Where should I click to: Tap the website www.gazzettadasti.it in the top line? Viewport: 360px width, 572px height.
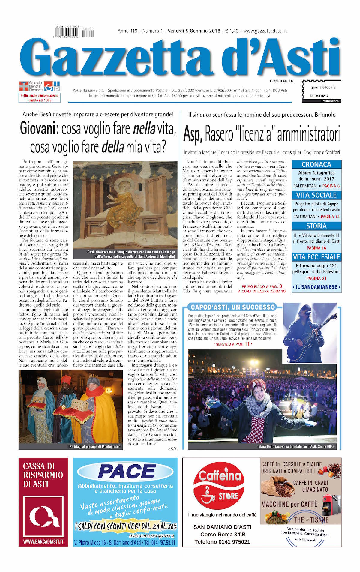pyautogui.click(x=265, y=31)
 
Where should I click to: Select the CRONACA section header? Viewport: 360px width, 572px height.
pyautogui.click(x=316, y=164)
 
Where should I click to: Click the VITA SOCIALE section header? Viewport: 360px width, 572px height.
pyautogui.click(x=316, y=195)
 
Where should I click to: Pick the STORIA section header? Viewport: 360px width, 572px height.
pyautogui.click(x=316, y=226)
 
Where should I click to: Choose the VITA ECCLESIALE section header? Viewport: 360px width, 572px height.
pyautogui.click(x=316, y=257)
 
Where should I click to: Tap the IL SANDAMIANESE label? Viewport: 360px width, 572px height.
pyautogui.click(x=316, y=287)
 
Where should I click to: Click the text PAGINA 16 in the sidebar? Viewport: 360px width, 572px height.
pyautogui.click(x=316, y=248)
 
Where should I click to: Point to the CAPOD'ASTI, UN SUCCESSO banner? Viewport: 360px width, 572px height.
pyautogui.click(x=233, y=307)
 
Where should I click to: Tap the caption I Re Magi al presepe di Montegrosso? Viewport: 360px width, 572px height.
pyautogui.click(x=94, y=447)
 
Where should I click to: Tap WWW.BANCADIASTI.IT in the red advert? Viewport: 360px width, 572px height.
pyautogui.click(x=43, y=542)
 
